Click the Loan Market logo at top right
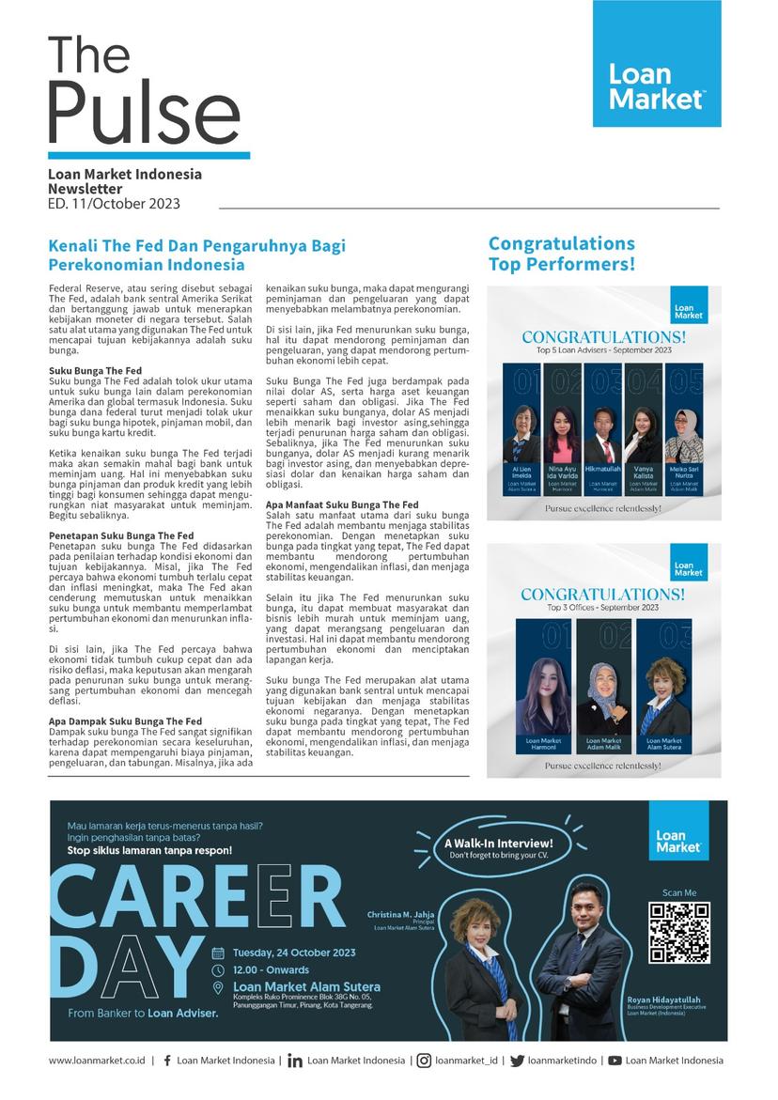(x=657, y=64)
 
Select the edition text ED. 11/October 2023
(x=114, y=203)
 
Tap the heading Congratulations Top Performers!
(x=562, y=254)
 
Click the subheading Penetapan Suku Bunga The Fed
(x=121, y=535)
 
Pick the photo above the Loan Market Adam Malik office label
(x=602, y=694)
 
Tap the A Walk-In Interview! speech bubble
(x=498, y=848)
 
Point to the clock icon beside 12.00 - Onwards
(x=218, y=969)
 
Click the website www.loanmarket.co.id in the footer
(x=97, y=1061)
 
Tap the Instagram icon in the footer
(x=425, y=1061)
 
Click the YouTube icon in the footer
(x=615, y=1061)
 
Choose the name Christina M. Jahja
(x=401, y=912)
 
